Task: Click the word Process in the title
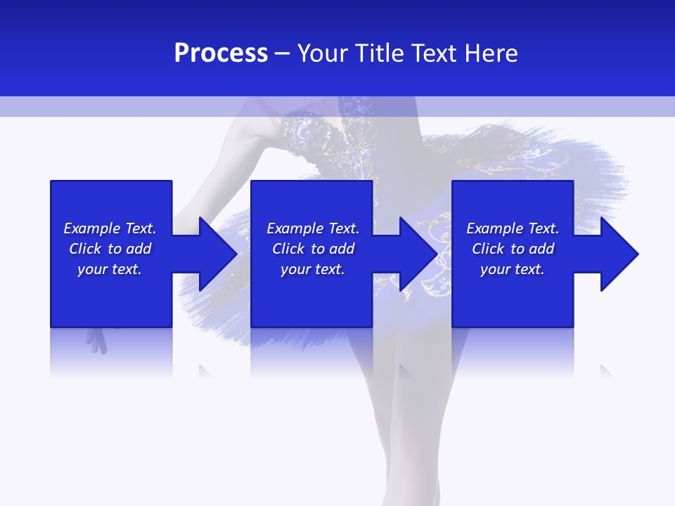(221, 53)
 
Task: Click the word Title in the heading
(380, 53)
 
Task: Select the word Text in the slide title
(435, 53)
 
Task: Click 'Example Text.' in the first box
(110, 228)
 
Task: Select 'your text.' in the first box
(110, 269)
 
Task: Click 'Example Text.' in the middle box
(313, 228)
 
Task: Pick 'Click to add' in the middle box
(313, 249)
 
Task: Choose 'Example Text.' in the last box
(513, 228)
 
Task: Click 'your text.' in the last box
(513, 269)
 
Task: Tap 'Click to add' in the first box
(110, 249)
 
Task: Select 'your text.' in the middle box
(313, 269)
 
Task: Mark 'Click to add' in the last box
(513, 249)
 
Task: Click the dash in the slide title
(282, 53)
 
